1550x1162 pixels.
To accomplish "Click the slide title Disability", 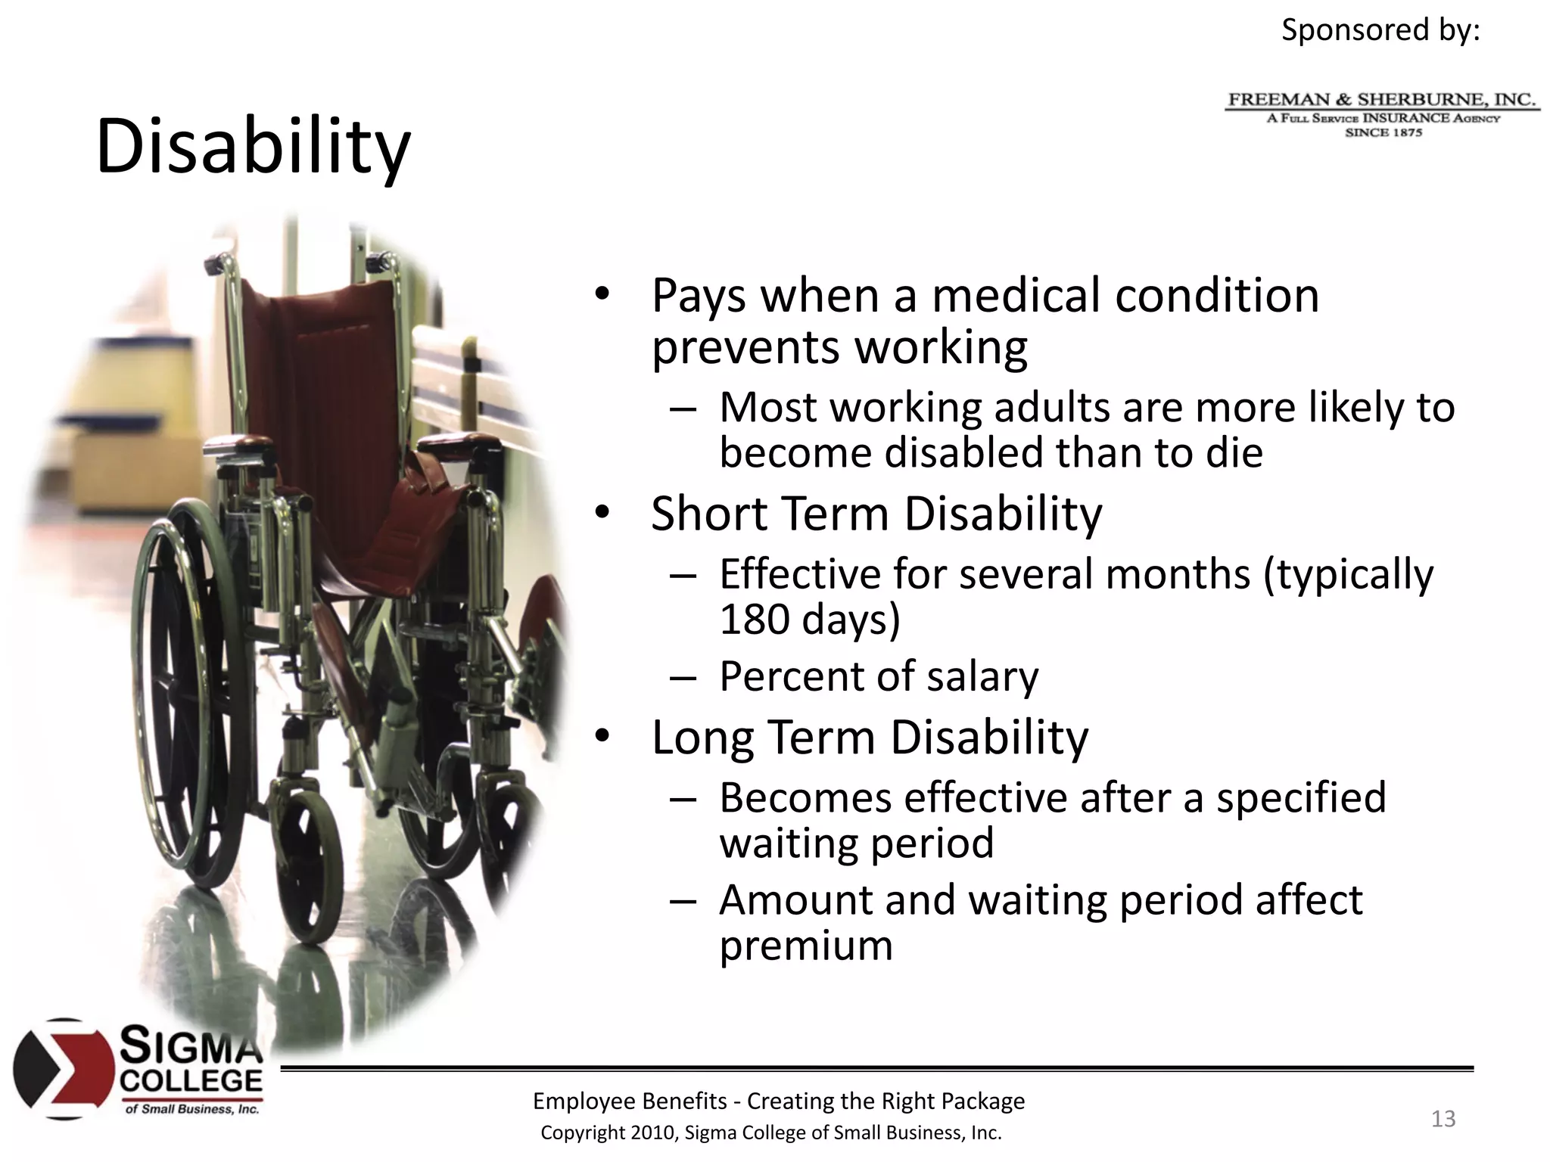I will click(x=253, y=147).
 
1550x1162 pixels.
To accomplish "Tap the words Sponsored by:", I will click(x=1380, y=30).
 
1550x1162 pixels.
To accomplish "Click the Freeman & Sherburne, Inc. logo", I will click(x=1382, y=114).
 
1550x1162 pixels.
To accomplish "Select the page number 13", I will click(x=1443, y=1119).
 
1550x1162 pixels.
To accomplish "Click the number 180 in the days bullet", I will click(x=754, y=620).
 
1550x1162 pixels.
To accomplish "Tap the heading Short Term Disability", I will click(x=876, y=514).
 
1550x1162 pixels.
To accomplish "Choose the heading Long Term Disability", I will click(x=870, y=737).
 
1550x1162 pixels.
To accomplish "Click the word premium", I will click(x=806, y=946).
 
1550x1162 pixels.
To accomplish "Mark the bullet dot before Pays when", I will click(x=601, y=295).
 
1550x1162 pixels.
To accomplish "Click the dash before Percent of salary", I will click(x=682, y=677).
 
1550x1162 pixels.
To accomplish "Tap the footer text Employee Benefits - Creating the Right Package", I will click(x=778, y=1101).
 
